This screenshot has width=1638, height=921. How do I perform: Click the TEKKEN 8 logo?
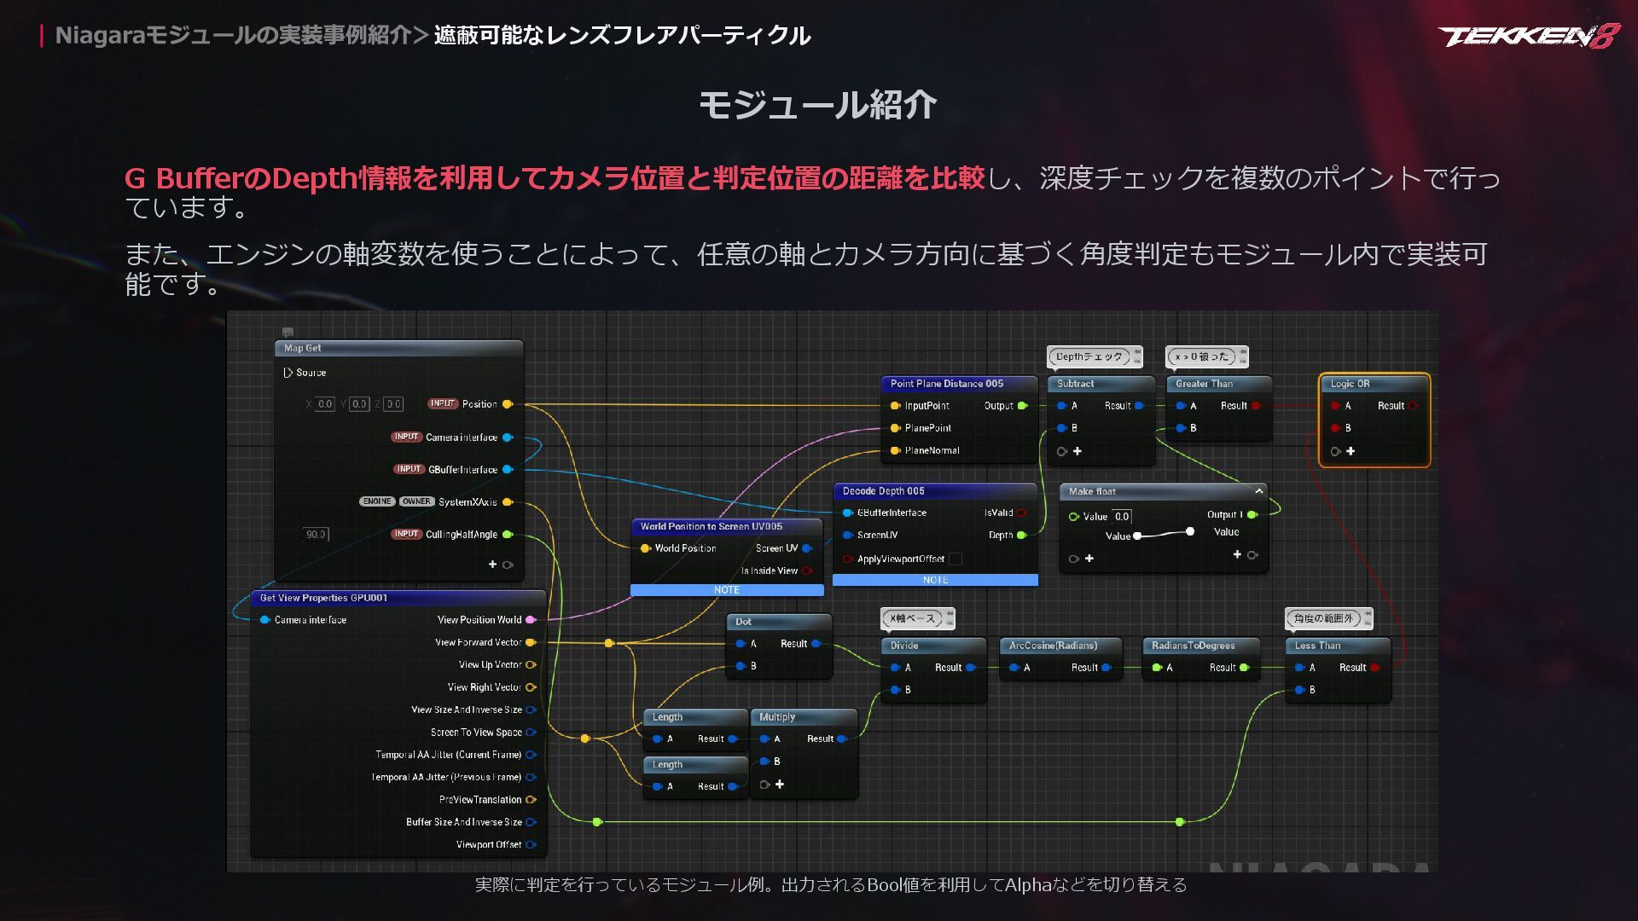(x=1528, y=36)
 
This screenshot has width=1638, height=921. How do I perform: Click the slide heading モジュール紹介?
(x=817, y=106)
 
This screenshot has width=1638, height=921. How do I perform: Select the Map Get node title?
(x=303, y=348)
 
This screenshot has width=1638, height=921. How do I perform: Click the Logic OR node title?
(x=1350, y=384)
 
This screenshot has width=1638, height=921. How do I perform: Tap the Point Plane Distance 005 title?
(x=946, y=384)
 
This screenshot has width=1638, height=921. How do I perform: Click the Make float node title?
(x=1092, y=491)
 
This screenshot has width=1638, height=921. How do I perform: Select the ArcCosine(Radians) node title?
(x=1053, y=646)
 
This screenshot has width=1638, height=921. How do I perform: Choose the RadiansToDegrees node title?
(x=1193, y=646)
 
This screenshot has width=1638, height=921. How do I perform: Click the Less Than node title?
(x=1317, y=646)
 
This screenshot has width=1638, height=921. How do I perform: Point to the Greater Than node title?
(x=1204, y=384)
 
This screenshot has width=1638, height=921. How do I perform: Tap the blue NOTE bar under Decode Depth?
(x=935, y=580)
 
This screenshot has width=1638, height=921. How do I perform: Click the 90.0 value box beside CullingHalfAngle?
(x=316, y=535)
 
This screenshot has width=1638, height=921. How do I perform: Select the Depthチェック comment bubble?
(x=1089, y=356)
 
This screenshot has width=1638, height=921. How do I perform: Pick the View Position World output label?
(x=479, y=620)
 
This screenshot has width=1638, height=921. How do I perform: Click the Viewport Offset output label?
(x=488, y=844)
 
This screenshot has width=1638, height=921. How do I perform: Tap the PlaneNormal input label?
(x=932, y=450)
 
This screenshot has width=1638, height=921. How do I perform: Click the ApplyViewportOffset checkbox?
(x=955, y=559)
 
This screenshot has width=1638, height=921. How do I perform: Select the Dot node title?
(x=743, y=622)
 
